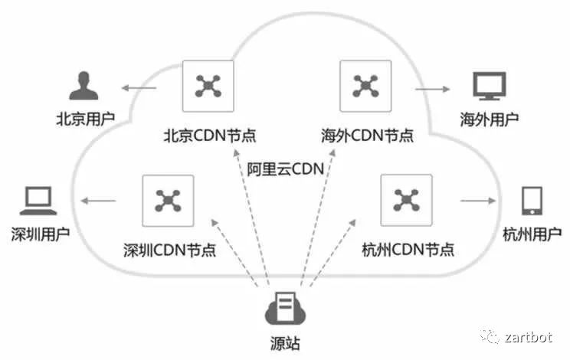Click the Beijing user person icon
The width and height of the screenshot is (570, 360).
point(84,87)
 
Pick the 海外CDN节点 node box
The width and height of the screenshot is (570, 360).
point(365,87)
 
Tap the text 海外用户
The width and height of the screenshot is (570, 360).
point(489,119)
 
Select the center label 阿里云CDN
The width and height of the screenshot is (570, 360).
point(286,169)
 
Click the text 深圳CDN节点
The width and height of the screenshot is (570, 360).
point(169,250)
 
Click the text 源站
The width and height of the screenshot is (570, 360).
point(285,344)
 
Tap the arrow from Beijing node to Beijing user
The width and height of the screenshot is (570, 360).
point(139,89)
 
